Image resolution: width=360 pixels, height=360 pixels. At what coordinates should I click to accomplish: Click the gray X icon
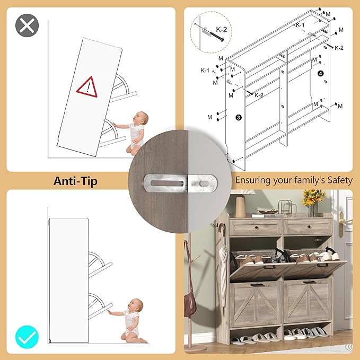coord(27,25)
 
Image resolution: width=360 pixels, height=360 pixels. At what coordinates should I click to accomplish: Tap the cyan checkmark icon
coord(27,337)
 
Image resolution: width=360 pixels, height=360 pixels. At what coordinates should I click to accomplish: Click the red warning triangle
coord(87,87)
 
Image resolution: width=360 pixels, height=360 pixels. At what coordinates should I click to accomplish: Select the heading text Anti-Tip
coord(75,181)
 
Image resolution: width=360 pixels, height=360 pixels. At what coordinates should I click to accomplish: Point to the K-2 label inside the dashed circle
coord(222,29)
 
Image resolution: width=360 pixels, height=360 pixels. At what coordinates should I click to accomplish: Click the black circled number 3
coord(239,118)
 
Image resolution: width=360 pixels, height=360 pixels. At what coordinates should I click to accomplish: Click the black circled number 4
coord(321,74)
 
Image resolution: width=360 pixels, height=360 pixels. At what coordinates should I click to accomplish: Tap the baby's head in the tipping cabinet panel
coord(141,118)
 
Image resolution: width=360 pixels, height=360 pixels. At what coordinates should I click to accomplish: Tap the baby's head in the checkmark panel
coord(136,305)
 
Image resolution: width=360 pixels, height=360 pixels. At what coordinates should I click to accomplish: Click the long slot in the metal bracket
coord(167,183)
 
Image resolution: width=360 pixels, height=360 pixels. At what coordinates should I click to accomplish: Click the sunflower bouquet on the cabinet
coord(313,198)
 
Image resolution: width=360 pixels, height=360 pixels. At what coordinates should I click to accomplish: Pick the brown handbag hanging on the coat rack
coord(190,300)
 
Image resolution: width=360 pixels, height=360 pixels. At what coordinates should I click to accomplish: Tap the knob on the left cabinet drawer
coord(256,227)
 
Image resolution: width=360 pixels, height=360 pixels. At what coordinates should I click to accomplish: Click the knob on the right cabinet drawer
coord(308,227)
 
